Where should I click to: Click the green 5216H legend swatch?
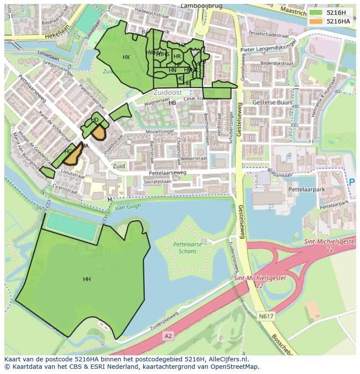(x=317, y=13)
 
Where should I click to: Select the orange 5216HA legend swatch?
(x=317, y=21)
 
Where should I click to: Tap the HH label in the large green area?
(x=87, y=279)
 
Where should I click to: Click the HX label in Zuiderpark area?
(x=126, y=57)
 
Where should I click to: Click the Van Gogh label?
(x=128, y=207)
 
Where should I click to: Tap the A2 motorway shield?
(x=168, y=336)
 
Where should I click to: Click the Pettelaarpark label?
(x=307, y=190)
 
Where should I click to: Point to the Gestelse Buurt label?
(x=272, y=103)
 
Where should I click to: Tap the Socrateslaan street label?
(x=157, y=181)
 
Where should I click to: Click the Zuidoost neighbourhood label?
(x=167, y=93)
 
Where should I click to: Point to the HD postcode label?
(x=95, y=120)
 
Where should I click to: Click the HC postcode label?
(x=68, y=152)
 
